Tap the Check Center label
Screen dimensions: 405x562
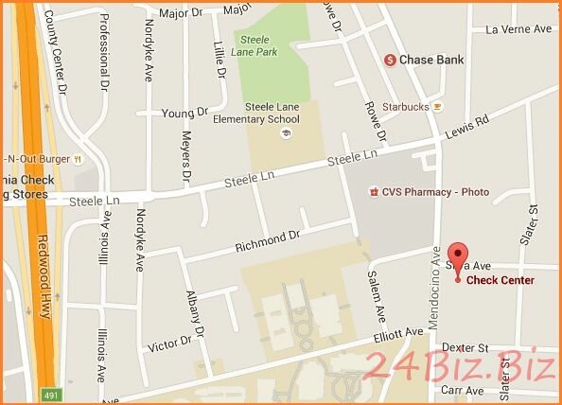[x=501, y=280]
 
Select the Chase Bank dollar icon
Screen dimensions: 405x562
[x=389, y=60]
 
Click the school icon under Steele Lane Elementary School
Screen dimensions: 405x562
[x=285, y=133]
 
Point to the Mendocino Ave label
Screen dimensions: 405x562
[x=435, y=288]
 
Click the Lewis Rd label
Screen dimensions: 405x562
[x=468, y=128]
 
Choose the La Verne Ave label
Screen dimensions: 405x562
[x=518, y=29]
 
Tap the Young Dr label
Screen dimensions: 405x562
[x=184, y=113]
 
